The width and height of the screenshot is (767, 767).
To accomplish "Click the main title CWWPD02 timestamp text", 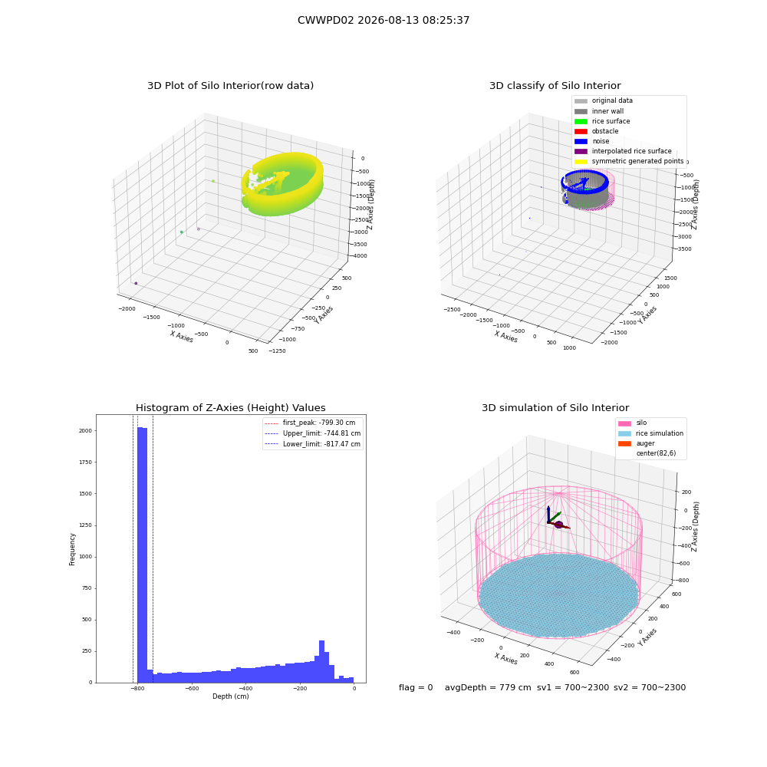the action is click(x=383, y=20).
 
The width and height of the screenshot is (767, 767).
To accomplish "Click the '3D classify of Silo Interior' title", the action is click(x=555, y=86).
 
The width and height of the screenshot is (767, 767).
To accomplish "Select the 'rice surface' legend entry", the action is click(x=602, y=121).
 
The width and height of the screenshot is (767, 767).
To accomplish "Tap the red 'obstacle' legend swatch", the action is click(x=581, y=131).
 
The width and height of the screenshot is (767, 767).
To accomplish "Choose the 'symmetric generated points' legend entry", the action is click(x=629, y=161).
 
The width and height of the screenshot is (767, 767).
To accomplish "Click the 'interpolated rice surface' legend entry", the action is click(x=623, y=151).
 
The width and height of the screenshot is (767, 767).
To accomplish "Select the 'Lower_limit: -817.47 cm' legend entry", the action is click(x=313, y=444).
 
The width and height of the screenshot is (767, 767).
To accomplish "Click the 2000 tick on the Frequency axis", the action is click(x=85, y=431).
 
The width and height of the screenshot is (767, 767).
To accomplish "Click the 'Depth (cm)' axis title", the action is click(x=231, y=696).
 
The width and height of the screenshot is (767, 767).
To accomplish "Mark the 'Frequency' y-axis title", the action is click(x=72, y=549).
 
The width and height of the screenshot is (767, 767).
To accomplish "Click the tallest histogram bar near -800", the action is click(x=140, y=555).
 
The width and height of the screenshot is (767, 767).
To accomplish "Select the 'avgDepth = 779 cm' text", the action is click(x=488, y=688).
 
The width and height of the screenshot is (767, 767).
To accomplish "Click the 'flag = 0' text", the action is click(x=416, y=688).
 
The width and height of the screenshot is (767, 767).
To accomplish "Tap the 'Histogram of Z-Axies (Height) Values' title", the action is click(x=230, y=408).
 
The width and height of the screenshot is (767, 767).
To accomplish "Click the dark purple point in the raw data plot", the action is click(x=136, y=283).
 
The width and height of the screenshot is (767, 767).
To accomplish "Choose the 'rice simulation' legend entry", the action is click(x=650, y=433).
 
